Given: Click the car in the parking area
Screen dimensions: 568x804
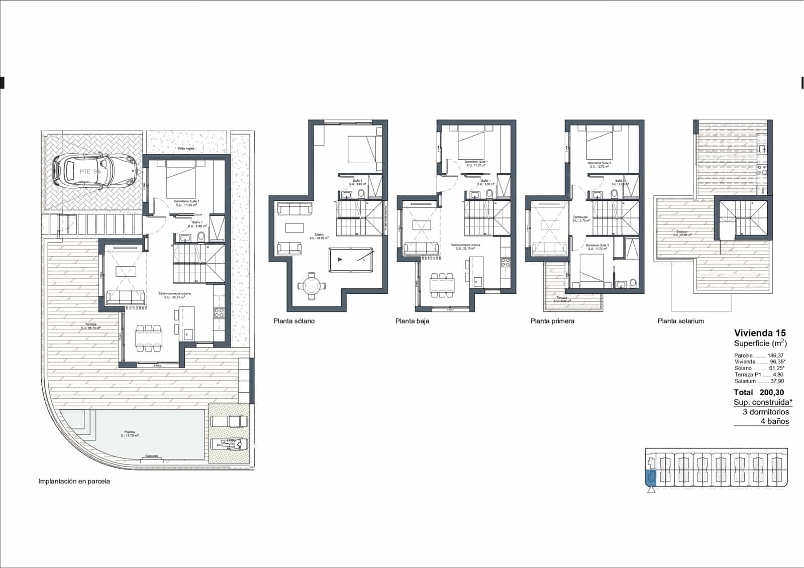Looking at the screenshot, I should pos(94,171).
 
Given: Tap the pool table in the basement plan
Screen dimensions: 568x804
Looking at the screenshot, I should pos(351,260).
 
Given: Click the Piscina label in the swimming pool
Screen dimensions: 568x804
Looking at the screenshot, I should pos(130,432).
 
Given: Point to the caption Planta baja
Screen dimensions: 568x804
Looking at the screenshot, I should pos(412,321).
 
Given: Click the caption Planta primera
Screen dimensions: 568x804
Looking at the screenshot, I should pos(552,321).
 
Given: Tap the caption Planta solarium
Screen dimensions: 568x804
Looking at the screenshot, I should pos(680,321).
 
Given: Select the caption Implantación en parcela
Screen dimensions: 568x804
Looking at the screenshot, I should pos(74,481).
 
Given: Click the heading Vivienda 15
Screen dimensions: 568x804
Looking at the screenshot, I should pos(759,332).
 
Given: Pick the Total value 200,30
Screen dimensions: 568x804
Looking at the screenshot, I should pos(772,392).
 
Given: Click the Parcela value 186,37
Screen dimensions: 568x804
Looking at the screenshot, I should pos(775,355).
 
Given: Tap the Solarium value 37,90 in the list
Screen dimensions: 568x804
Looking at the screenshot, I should pos(777,381).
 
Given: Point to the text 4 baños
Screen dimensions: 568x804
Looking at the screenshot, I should pos(774,421).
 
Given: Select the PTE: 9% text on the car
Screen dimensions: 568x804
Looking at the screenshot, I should pos(90,171).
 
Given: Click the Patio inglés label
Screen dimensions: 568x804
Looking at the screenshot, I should pos(186,149).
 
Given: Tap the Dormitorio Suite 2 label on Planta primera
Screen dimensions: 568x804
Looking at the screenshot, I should pos(599,163).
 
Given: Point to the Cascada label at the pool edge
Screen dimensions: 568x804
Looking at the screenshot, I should pos(151,456).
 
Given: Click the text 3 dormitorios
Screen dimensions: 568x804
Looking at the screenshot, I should pos(765,412).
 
